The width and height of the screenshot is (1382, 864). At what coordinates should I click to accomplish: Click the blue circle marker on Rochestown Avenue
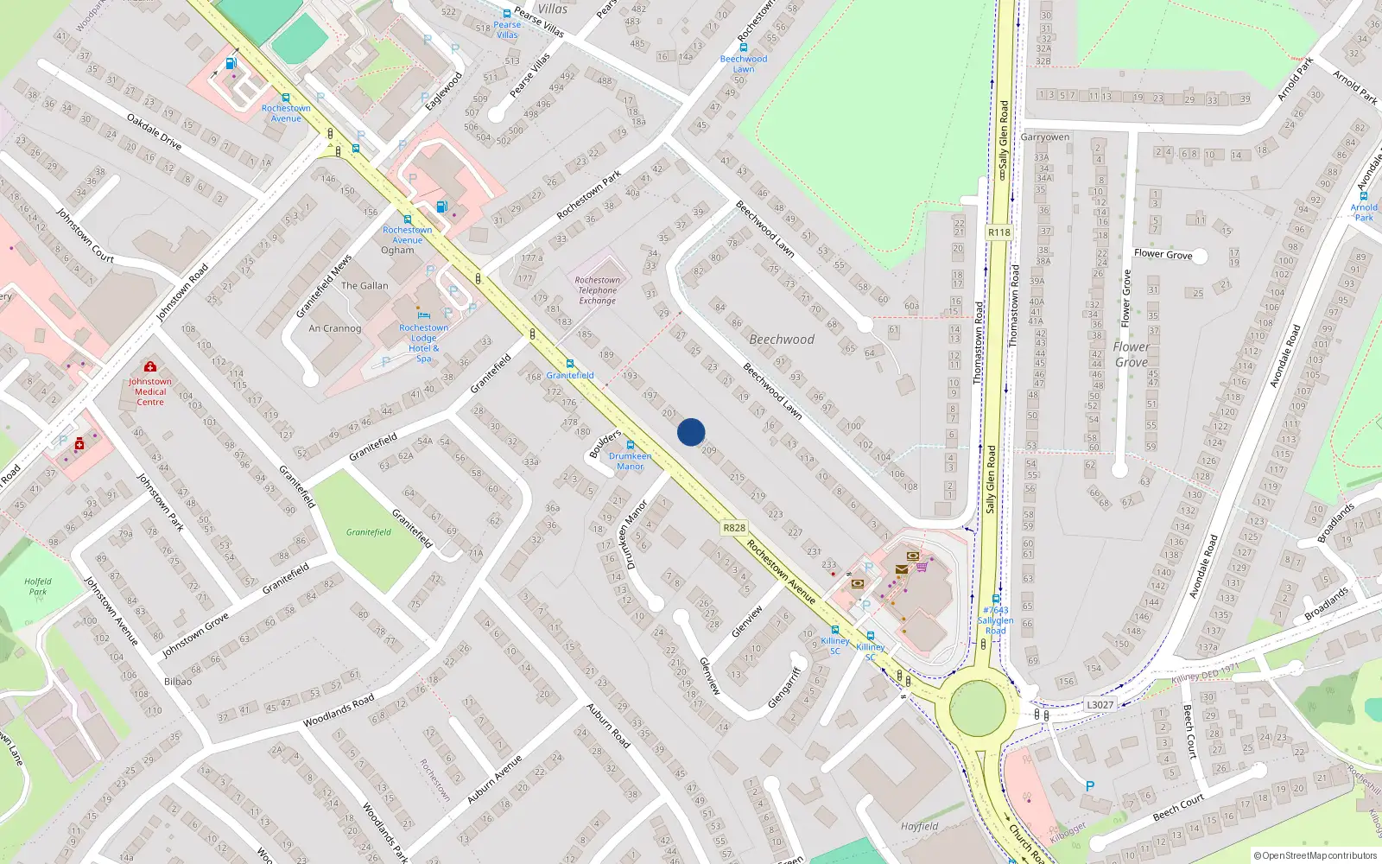click(691, 432)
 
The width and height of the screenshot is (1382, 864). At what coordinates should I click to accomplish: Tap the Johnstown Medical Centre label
click(150, 391)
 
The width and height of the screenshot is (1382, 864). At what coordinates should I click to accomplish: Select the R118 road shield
click(998, 232)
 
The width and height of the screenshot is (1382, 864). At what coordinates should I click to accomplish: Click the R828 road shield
click(733, 528)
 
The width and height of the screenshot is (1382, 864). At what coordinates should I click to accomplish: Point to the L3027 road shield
click(1100, 705)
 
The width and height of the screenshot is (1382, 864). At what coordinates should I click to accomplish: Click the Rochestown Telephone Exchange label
click(597, 290)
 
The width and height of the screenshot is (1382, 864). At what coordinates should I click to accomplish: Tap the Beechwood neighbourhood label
click(782, 340)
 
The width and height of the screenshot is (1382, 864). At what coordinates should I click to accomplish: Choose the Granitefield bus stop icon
click(569, 364)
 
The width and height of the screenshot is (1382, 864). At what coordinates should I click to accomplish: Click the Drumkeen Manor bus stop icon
click(631, 445)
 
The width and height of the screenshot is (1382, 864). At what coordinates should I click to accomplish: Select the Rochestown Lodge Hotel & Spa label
click(423, 343)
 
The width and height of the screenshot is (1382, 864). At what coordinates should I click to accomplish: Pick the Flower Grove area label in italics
click(1131, 354)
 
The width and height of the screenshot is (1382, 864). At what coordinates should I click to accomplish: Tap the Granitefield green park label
click(369, 532)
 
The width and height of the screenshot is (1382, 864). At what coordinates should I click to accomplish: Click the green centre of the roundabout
click(978, 708)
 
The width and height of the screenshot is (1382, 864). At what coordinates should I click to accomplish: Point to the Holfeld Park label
click(38, 587)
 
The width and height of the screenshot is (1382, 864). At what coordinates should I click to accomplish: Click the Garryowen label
click(1045, 137)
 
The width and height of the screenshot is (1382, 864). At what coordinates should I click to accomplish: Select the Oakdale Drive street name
click(154, 132)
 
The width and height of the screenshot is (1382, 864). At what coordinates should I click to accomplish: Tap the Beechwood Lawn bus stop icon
click(743, 48)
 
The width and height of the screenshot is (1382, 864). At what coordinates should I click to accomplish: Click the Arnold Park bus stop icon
click(1364, 196)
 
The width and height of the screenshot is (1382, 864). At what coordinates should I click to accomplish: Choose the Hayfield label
click(919, 826)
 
